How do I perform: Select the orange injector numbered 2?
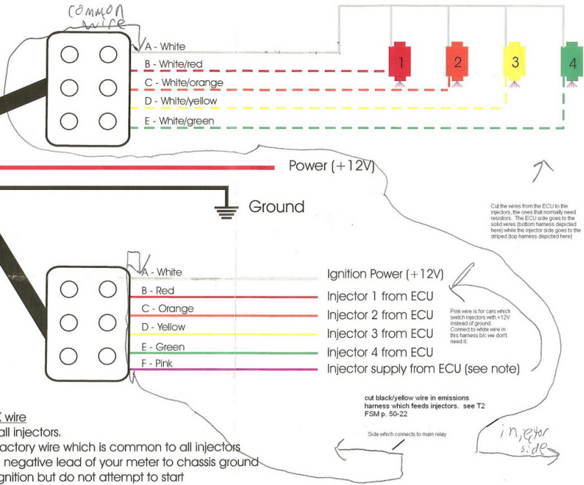pyautogui.click(x=457, y=61)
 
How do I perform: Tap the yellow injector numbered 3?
pyautogui.click(x=515, y=61)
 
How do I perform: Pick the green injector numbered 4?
pyautogui.click(x=572, y=62)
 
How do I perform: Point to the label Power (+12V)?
pyautogui.click(x=332, y=166)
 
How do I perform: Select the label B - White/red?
pyautogui.click(x=173, y=64)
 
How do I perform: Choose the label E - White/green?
pyautogui.click(x=178, y=121)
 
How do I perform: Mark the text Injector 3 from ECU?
pyautogui.click(x=381, y=334)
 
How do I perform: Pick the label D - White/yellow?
pyautogui.click(x=180, y=102)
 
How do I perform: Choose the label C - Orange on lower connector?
pyautogui.click(x=168, y=308)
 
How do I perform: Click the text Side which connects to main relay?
pyautogui.click(x=406, y=434)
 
